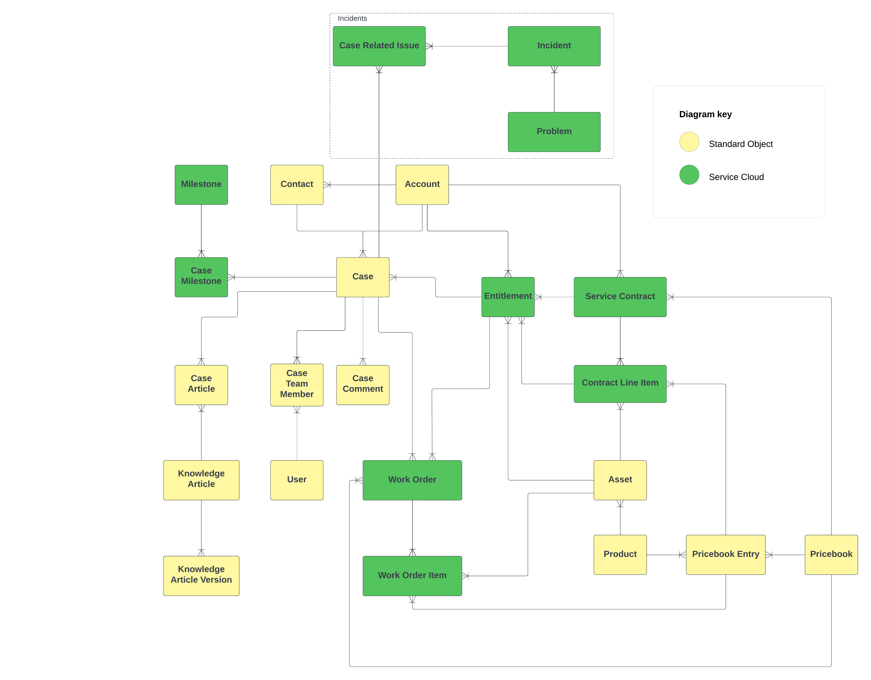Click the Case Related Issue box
tap(379, 46)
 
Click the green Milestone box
tap(201, 184)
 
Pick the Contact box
tap(297, 184)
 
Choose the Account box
tap(422, 184)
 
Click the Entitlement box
tap(508, 296)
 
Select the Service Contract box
tap(620, 296)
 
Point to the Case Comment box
tap(362, 384)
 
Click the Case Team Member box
tap(297, 384)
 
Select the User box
tap(297, 480)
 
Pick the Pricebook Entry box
tap(725, 554)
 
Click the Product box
tap(620, 554)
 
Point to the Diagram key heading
tap(705, 115)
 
